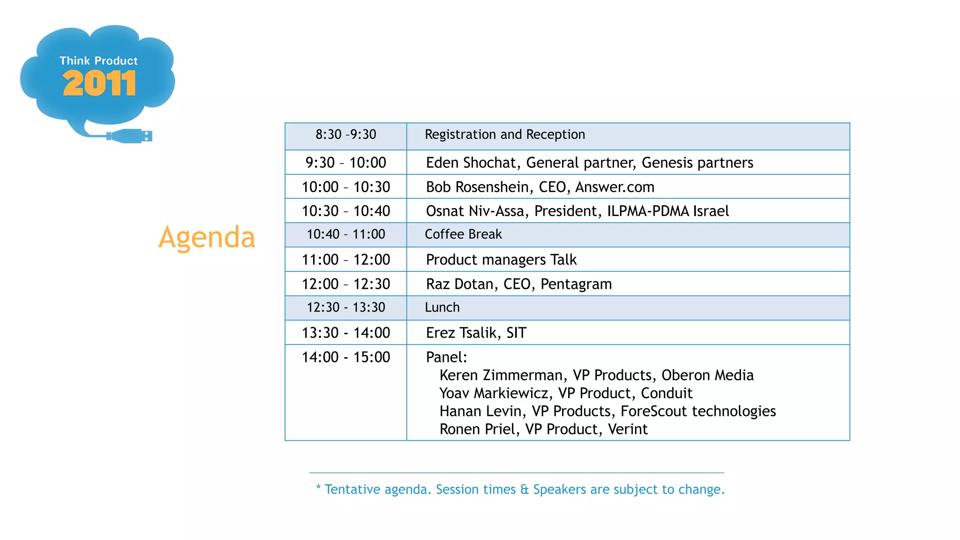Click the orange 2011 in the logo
tap(99, 83)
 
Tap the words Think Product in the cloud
tap(98, 61)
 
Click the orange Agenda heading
tap(207, 237)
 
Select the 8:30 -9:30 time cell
tap(346, 135)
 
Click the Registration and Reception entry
tap(505, 135)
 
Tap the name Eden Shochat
tap(471, 163)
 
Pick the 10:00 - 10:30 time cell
tap(346, 187)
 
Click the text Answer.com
tap(615, 187)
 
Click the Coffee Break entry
tap(463, 234)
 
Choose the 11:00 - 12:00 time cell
tap(346, 260)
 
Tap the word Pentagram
tap(576, 284)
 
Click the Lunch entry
tap(442, 307)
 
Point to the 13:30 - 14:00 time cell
tap(346, 333)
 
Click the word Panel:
tap(446, 357)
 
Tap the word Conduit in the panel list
tap(667, 393)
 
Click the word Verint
tap(628, 429)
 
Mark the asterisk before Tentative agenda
tap(318, 487)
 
